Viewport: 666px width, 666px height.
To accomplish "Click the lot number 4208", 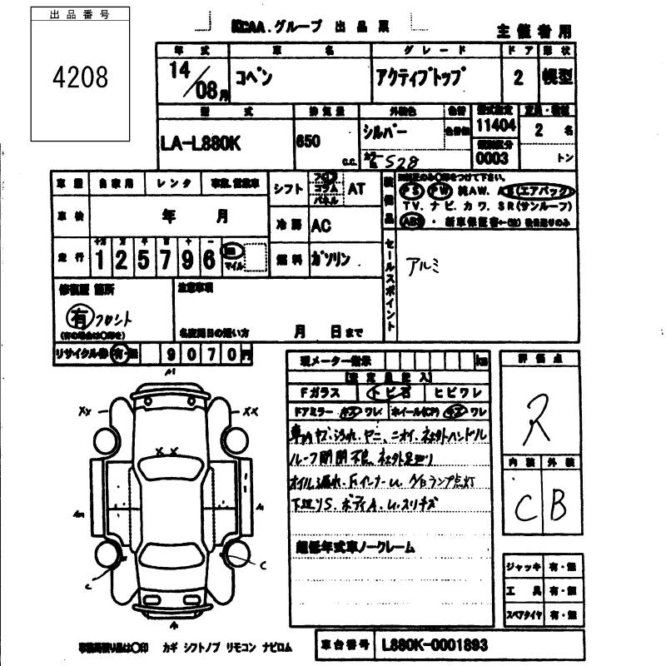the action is [80, 77].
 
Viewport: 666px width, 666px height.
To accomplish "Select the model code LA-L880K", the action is [200, 143].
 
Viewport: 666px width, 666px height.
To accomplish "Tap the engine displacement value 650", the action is [309, 141].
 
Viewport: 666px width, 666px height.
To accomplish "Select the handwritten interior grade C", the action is [524, 504].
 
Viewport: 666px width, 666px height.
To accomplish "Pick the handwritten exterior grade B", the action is [558, 503].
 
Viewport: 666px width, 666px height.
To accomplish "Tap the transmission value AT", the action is [356, 189].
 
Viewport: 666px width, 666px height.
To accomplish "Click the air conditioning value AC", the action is [321, 226].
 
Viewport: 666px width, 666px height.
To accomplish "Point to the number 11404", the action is [495, 126].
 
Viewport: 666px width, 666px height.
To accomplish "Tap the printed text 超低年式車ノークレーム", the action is [355, 547].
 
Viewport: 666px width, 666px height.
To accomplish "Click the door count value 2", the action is [519, 79].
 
